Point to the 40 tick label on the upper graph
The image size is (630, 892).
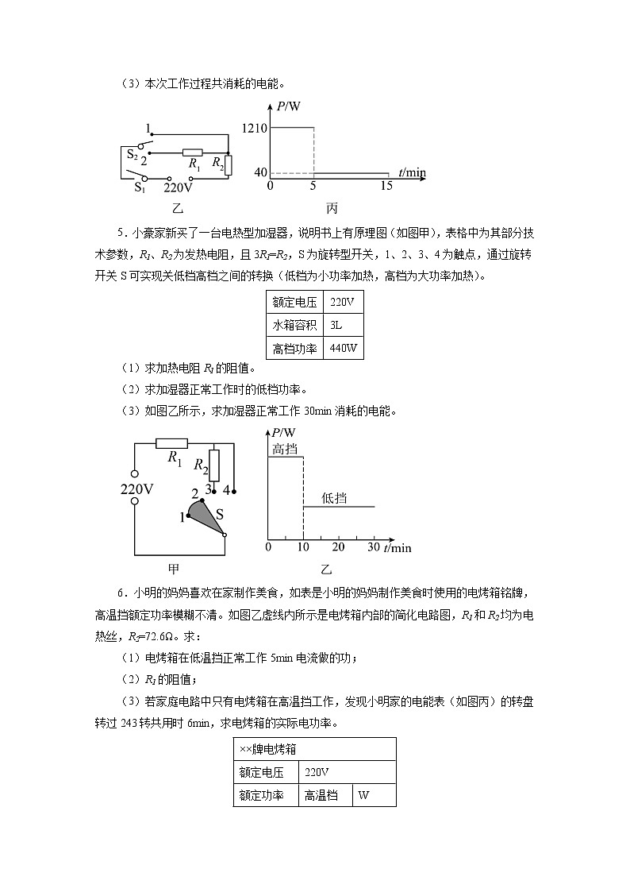pos(260,172)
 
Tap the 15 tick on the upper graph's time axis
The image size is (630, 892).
pos(386,186)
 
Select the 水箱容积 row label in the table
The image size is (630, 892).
pos(294,325)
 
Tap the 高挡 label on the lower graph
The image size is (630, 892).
pos(285,449)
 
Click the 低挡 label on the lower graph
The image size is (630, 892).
pos(334,498)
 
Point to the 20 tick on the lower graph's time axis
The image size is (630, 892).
pos(338,547)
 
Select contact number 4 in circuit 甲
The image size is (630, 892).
pos(226,489)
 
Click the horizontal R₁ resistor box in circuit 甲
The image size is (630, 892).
pos(171,443)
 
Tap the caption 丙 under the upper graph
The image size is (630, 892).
pos(332,209)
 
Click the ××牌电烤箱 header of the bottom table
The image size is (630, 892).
pos(268,748)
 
